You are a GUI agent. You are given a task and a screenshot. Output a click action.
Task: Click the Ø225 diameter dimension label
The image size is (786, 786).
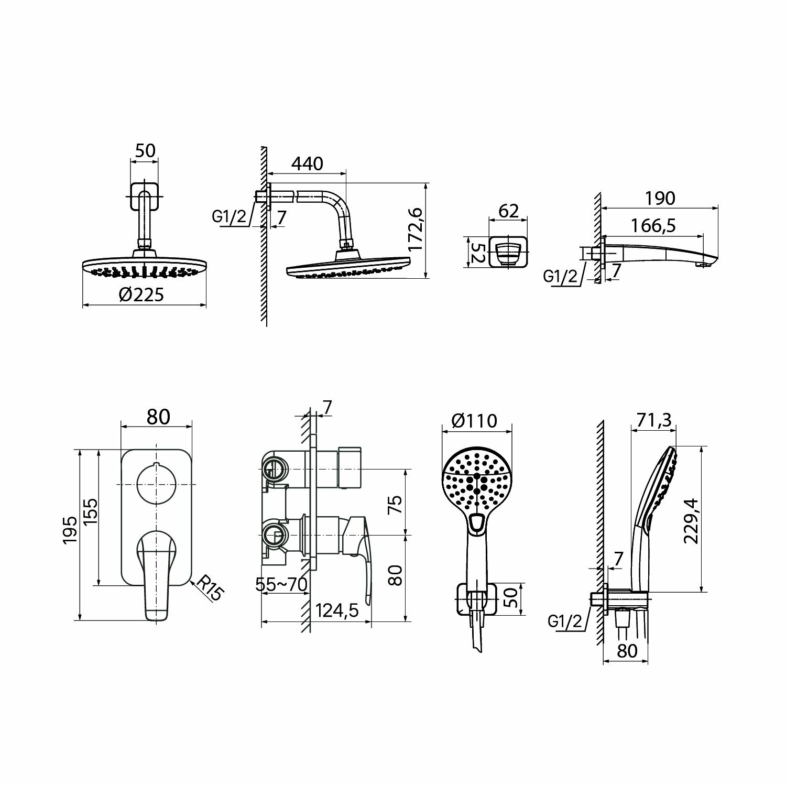point(141,295)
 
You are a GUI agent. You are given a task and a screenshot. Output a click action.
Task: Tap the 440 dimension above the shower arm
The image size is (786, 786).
point(307,163)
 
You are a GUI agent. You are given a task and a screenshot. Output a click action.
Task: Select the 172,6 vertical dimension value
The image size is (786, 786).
point(416,228)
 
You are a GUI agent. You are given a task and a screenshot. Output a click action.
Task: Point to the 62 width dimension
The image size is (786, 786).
point(508,211)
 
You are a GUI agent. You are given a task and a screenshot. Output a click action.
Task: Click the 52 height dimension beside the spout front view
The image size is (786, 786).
point(476,252)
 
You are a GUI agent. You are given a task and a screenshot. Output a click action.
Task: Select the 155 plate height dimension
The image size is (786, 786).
point(90,512)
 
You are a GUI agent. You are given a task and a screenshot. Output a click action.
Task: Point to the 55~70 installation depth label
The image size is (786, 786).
point(281,584)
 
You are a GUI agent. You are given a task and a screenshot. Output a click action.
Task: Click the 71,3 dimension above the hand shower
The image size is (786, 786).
point(654,420)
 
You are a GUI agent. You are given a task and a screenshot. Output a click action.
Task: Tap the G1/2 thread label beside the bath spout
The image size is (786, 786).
point(561,276)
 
